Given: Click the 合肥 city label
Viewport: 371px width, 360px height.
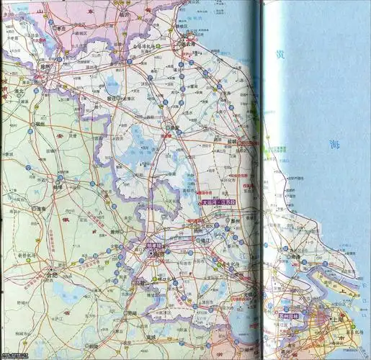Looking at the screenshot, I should click(50, 274).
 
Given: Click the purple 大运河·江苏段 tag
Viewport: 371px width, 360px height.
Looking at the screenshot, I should click(218, 203).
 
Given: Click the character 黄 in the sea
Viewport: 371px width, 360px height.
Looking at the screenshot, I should click(282, 55).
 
